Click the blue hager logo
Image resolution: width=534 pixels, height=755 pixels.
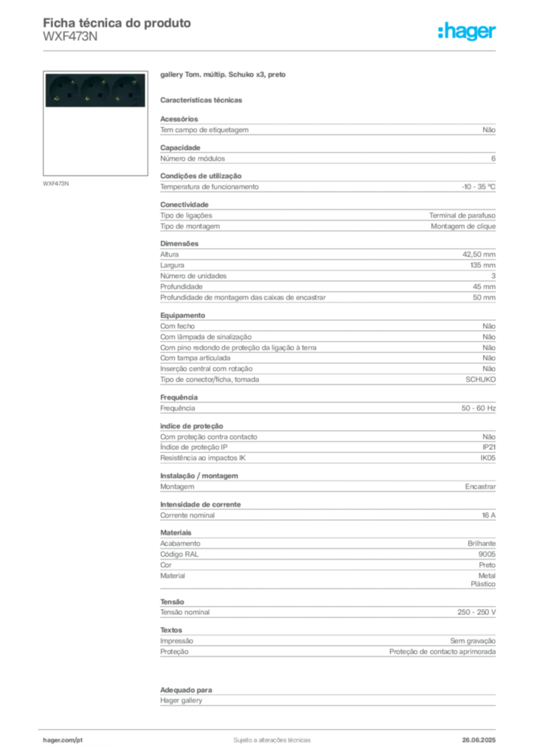pos(468,32)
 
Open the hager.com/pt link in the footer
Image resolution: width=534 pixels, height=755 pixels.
pos(62,739)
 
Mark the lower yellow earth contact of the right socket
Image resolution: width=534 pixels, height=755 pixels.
pos(118,98)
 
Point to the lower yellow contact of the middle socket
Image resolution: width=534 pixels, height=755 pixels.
pos(88,98)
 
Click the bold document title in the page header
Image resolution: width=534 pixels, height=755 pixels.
pos(118,22)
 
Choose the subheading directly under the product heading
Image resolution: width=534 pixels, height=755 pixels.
pos(203,100)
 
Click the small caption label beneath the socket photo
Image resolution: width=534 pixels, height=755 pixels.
pos(56,183)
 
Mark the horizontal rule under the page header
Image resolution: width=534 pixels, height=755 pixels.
pos(271,51)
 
